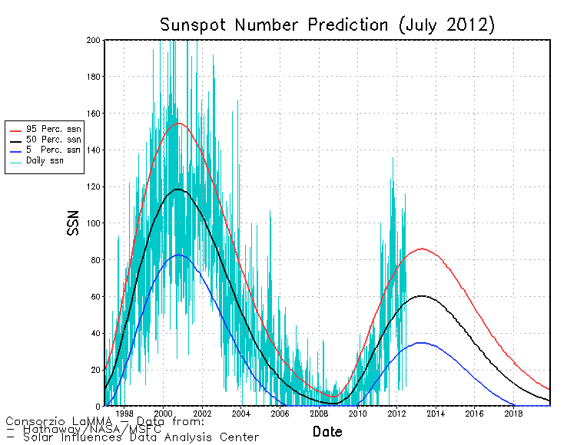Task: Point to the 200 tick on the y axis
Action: click(94, 40)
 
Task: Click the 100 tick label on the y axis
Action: click(94, 223)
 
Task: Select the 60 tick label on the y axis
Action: click(96, 296)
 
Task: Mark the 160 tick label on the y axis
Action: click(94, 114)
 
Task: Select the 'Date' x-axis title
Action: click(327, 431)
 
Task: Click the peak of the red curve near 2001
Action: click(178, 123)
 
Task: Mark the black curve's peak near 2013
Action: click(422, 295)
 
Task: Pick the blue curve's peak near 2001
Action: click(178, 255)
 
